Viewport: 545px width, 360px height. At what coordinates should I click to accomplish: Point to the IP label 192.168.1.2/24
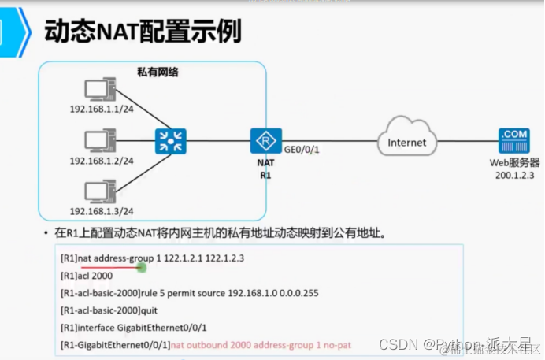click(101, 161)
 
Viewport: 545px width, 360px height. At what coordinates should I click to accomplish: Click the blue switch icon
click(168, 143)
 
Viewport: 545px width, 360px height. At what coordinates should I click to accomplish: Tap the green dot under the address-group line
click(141, 268)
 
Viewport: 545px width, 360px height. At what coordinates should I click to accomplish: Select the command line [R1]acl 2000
click(87, 276)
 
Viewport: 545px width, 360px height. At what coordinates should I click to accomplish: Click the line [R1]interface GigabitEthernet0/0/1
click(135, 328)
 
